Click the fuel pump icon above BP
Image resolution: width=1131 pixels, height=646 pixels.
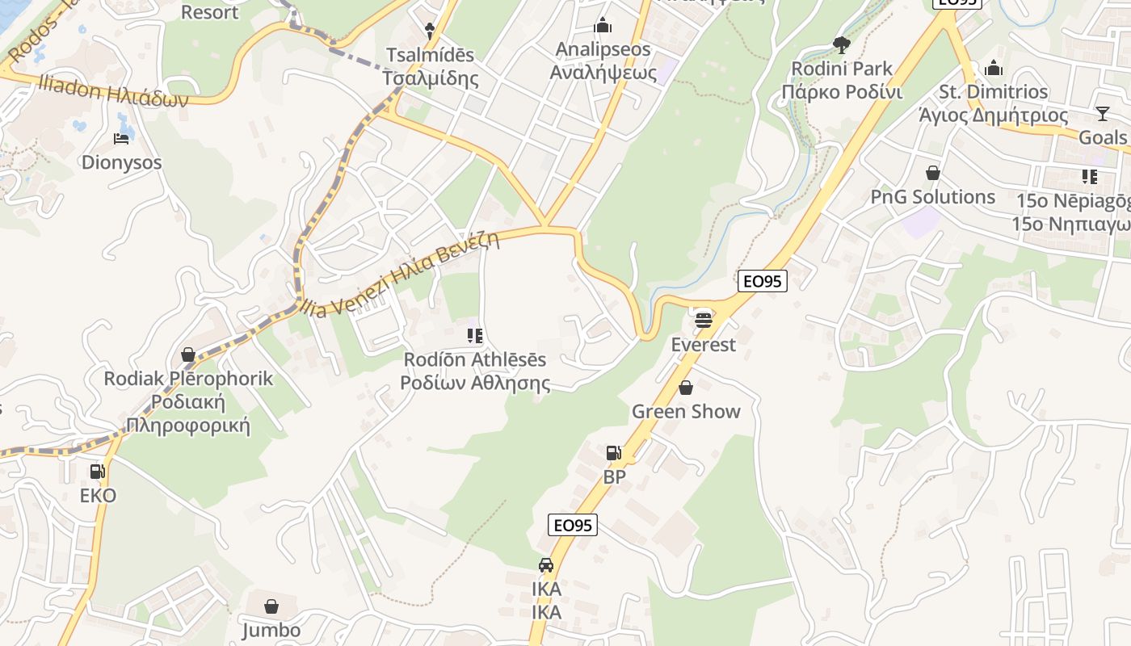(x=613, y=453)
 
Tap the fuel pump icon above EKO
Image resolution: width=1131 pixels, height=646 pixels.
(x=97, y=472)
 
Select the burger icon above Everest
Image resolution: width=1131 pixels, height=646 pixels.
(x=704, y=320)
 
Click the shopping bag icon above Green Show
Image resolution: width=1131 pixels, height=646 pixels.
(x=686, y=388)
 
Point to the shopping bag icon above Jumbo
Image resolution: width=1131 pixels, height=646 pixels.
(x=271, y=606)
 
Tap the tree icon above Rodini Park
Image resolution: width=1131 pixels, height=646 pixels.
(x=842, y=44)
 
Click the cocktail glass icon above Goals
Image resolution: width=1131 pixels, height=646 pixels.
(x=1103, y=113)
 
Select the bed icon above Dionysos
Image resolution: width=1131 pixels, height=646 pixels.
(x=121, y=139)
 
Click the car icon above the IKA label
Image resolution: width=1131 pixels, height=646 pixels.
(x=546, y=565)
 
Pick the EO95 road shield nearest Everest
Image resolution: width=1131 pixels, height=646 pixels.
(x=762, y=281)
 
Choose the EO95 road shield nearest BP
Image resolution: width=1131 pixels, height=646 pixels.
(x=572, y=525)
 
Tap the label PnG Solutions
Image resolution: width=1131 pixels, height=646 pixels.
(x=932, y=197)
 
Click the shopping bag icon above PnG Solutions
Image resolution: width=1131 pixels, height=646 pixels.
(x=933, y=173)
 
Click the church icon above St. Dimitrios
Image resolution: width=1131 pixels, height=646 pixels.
(x=994, y=68)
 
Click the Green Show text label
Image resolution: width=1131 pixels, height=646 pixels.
(x=686, y=411)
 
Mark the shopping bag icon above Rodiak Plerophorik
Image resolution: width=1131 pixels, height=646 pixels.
(x=188, y=354)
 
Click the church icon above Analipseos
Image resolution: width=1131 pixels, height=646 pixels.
(x=603, y=26)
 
